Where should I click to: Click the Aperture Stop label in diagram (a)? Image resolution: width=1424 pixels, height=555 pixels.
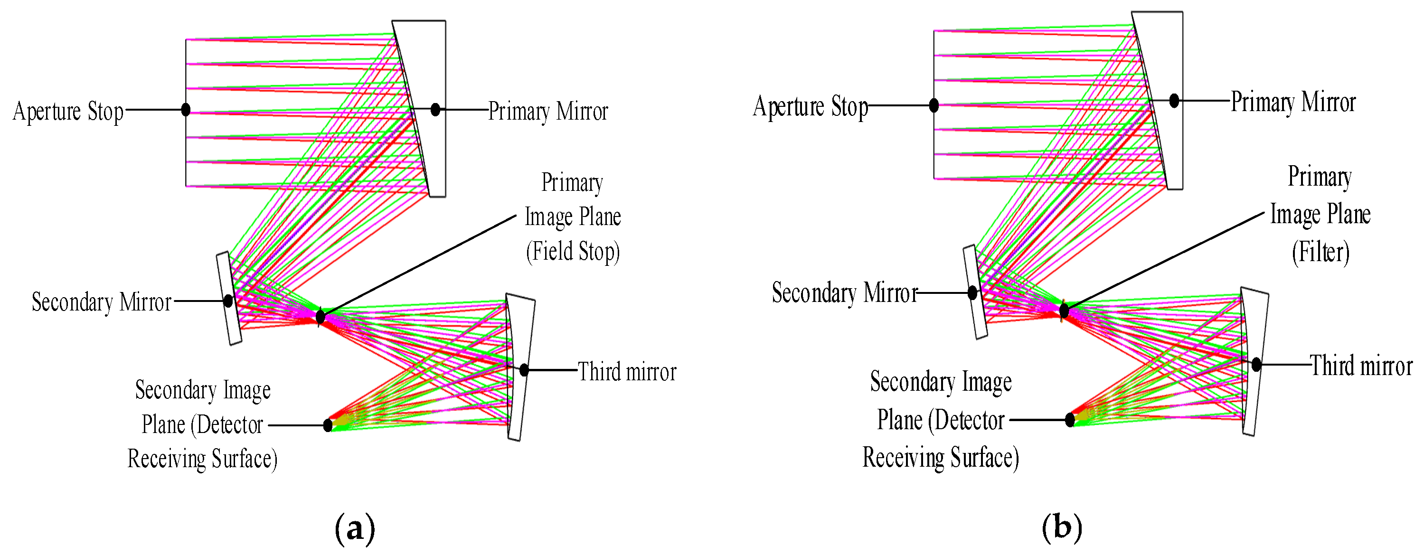pyautogui.click(x=68, y=111)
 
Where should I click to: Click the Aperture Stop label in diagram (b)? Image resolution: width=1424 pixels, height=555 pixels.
pyautogui.click(x=811, y=106)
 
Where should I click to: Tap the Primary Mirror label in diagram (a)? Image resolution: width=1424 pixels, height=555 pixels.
pyautogui.click(x=548, y=111)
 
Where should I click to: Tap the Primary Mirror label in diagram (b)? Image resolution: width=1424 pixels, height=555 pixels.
pyautogui.click(x=1293, y=102)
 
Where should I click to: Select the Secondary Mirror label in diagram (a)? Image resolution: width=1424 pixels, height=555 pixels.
pyautogui.click(x=102, y=302)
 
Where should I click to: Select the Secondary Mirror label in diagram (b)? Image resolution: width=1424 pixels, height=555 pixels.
pyautogui.click(x=845, y=293)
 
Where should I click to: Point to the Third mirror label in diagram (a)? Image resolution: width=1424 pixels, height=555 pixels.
pyautogui.click(x=627, y=371)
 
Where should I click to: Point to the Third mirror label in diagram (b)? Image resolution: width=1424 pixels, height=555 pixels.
pyautogui.click(x=1361, y=366)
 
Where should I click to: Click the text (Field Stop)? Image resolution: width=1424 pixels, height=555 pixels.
pyautogui.click(x=573, y=252)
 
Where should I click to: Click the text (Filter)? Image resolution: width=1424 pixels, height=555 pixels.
pyautogui.click(x=1320, y=252)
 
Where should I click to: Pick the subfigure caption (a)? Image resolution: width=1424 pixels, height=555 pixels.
pyautogui.click(x=355, y=528)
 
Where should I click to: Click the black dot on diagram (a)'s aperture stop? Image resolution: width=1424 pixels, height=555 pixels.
pyautogui.click(x=186, y=110)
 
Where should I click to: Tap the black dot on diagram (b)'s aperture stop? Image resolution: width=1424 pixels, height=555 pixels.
pyautogui.click(x=934, y=105)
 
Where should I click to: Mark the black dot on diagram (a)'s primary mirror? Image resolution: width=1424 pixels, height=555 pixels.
pyautogui.click(x=435, y=110)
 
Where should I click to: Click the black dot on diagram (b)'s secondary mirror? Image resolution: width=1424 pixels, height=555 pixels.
pyautogui.click(x=972, y=293)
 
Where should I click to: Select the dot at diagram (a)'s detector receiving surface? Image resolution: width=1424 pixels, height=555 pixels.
pyautogui.click(x=328, y=425)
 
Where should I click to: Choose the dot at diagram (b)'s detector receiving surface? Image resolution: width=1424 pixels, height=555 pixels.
pyautogui.click(x=1070, y=420)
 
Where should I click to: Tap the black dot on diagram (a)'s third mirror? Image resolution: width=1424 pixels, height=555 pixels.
pyautogui.click(x=524, y=370)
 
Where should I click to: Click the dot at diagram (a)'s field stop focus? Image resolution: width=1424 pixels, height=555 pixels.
pyautogui.click(x=320, y=317)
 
